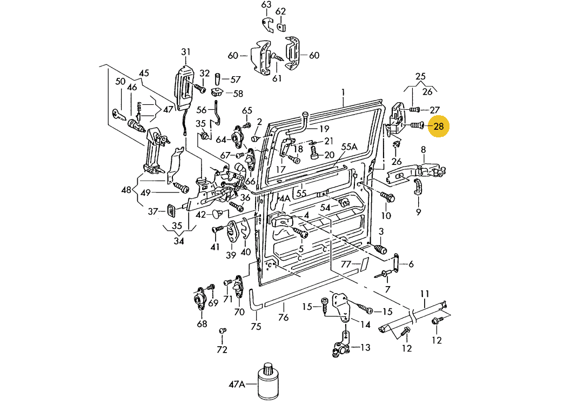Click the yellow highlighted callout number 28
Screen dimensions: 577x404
pyautogui.click(x=438, y=127)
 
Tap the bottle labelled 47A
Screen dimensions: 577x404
pyautogui.click(x=269, y=381)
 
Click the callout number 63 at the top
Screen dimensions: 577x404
pyautogui.click(x=266, y=5)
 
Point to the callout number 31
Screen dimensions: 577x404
pyautogui.click(x=186, y=52)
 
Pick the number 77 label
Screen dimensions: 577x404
pyautogui.click(x=346, y=264)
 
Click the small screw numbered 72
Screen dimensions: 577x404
pyautogui.click(x=222, y=330)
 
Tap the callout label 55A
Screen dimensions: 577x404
pyautogui.click(x=349, y=147)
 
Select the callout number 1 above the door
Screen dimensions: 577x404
pyautogui.click(x=343, y=92)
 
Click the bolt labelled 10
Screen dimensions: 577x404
pyautogui.click(x=387, y=197)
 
